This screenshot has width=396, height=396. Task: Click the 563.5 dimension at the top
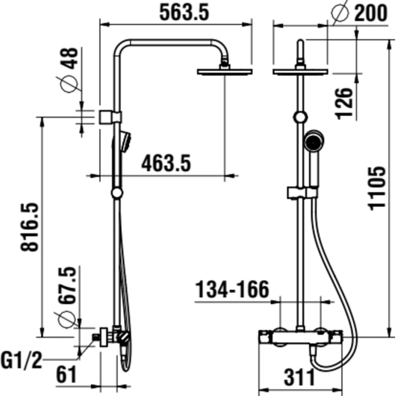184,12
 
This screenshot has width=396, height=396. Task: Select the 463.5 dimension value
166,163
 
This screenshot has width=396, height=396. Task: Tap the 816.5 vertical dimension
31,227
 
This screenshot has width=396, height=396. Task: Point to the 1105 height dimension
378,188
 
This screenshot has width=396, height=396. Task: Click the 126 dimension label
345,103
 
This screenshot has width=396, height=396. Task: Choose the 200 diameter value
370,13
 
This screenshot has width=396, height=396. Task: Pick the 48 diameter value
69,58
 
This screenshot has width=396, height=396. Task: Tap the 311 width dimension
299,377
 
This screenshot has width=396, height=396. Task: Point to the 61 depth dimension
67,375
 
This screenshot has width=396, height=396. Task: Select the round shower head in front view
300,71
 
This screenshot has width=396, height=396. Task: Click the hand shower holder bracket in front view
302,193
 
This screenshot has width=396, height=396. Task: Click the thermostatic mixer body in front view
300,338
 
